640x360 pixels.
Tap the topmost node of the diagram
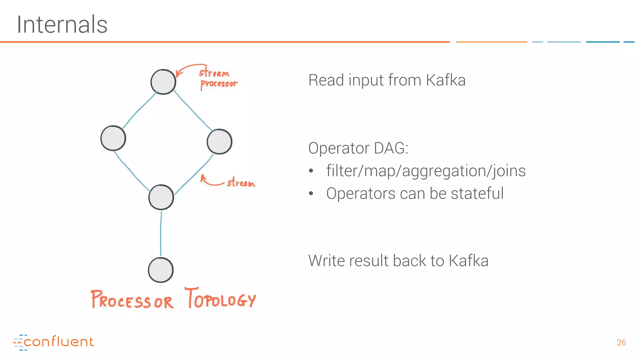click(x=163, y=82)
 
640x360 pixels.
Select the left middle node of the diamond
click(x=113, y=138)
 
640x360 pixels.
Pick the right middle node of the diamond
click(x=219, y=142)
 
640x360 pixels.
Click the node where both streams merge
click(x=161, y=197)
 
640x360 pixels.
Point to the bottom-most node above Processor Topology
click(x=161, y=270)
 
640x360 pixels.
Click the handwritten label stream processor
click(x=218, y=78)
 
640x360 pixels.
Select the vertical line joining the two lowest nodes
click(x=161, y=233)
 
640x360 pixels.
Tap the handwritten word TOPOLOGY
click(x=221, y=298)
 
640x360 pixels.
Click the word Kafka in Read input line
click(x=446, y=80)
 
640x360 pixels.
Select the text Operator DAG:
click(x=358, y=148)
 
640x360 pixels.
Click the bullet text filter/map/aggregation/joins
click(x=426, y=171)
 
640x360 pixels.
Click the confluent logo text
click(x=58, y=342)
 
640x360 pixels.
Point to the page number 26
click(x=621, y=342)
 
